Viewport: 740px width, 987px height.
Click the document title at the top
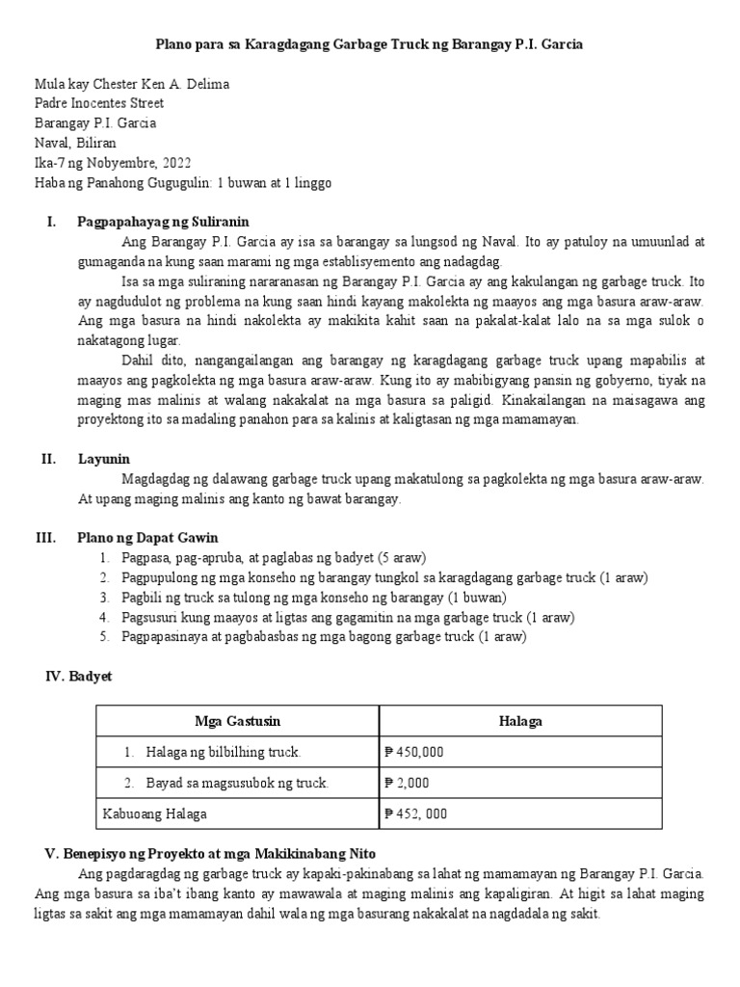pyautogui.click(x=370, y=45)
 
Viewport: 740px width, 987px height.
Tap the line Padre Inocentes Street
pyautogui.click(x=98, y=103)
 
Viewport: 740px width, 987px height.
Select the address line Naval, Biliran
pyautogui.click(x=80, y=143)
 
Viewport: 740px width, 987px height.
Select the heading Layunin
pyautogui.click(x=104, y=459)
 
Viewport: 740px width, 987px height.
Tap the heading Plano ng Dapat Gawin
pyautogui.click(x=147, y=537)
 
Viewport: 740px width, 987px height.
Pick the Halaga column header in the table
pyautogui.click(x=520, y=721)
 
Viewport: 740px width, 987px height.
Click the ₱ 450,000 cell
pyautogui.click(x=414, y=752)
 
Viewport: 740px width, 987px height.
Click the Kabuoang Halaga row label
pyautogui.click(x=154, y=814)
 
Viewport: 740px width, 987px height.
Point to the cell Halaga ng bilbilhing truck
pyautogui.click(x=224, y=752)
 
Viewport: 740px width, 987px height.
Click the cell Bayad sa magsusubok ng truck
pyautogui.click(x=237, y=783)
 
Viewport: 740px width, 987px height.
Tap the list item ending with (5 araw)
pyautogui.click(x=274, y=558)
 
